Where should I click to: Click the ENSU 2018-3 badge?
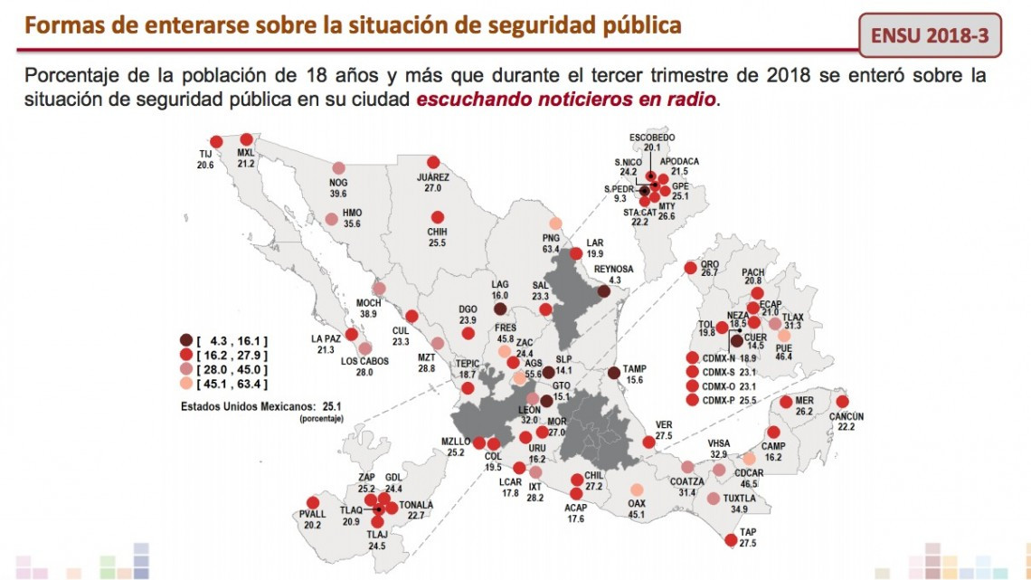pos(930,35)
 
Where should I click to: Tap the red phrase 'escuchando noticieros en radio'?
pos(567,98)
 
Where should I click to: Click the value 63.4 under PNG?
pos(552,249)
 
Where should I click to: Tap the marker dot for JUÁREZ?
pos(433,162)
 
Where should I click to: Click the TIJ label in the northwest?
pos(205,154)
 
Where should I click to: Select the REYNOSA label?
pos(614,270)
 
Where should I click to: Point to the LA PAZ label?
pos(326,338)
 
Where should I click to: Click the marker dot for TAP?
pos(731,541)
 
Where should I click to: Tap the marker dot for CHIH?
pos(438,218)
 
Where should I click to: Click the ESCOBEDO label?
pos(653,137)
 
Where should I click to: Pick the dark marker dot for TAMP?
pos(614,372)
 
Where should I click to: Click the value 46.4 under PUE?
pos(783,357)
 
